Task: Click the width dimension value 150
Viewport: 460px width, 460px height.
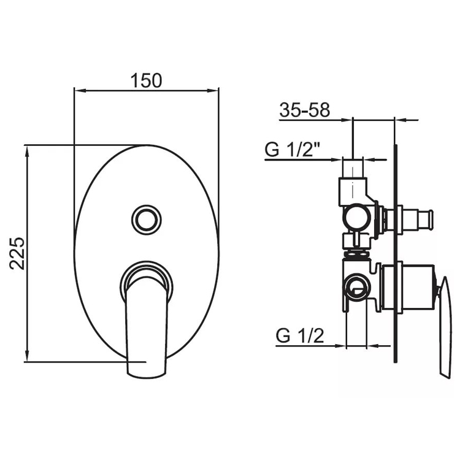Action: (146, 80)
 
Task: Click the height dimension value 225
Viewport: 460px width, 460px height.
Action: (17, 253)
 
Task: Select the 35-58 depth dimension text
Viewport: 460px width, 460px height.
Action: (305, 110)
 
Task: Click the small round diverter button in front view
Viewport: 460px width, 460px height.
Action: (147, 218)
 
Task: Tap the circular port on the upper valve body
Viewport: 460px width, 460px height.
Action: (355, 216)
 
